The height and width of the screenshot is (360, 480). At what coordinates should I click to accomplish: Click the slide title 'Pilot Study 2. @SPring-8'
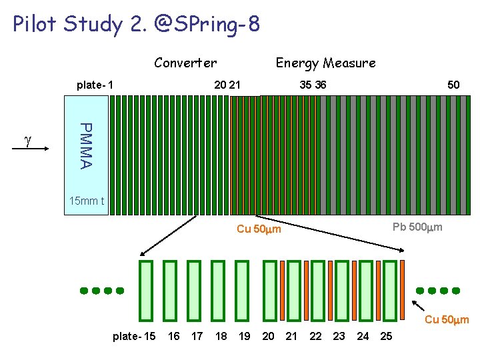click(x=136, y=25)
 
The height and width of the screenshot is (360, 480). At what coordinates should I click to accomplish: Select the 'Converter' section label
click(x=185, y=63)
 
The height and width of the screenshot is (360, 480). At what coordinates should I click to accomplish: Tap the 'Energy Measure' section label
click(x=325, y=63)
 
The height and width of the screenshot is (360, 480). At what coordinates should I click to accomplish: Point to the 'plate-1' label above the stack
click(x=95, y=85)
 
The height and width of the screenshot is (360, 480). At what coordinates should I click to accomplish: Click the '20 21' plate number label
click(x=227, y=85)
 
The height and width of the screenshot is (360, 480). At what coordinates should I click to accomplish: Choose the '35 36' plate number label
click(x=313, y=85)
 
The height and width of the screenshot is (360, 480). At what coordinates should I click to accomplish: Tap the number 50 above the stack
click(x=453, y=85)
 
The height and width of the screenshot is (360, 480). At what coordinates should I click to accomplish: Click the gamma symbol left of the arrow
click(x=27, y=141)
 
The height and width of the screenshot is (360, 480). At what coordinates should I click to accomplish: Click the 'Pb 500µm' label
click(x=417, y=228)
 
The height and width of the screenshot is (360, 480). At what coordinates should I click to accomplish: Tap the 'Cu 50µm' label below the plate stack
click(x=259, y=230)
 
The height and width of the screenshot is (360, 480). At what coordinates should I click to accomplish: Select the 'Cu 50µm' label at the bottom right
click(x=447, y=320)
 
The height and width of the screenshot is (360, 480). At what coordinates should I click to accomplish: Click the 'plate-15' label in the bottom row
click(x=134, y=336)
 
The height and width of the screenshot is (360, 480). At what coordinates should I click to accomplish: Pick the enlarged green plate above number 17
click(x=194, y=290)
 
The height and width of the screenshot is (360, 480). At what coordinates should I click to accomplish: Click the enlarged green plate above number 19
click(x=242, y=290)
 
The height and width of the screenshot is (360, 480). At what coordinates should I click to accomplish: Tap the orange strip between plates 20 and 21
click(x=282, y=290)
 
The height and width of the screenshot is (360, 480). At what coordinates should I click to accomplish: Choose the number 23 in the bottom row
click(x=339, y=336)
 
